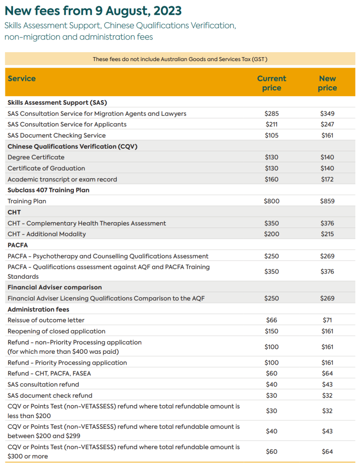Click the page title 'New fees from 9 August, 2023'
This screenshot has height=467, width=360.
coord(93,11)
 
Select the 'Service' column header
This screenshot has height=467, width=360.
coord(21,79)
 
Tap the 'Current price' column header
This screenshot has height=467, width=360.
coord(271,83)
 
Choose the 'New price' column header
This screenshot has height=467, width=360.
coord(327,83)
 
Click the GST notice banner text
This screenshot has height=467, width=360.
coord(180,59)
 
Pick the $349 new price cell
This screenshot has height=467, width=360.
coord(327,114)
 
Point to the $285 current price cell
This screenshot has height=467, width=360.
coord(271,114)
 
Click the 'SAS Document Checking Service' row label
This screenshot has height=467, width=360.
coord(56,135)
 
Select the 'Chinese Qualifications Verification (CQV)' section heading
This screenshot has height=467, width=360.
coord(72,146)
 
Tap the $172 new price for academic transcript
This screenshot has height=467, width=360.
coord(327,179)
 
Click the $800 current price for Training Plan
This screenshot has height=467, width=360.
coord(271,201)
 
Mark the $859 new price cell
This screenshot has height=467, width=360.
coord(327,201)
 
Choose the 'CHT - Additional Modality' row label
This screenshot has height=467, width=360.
coord(47,234)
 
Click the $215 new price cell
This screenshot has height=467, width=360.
coord(327,234)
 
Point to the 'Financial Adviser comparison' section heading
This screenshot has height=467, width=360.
coord(54,287)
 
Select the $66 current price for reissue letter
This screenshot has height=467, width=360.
coord(271,320)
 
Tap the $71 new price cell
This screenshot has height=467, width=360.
coord(327,320)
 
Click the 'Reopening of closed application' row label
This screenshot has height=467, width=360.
coord(56,331)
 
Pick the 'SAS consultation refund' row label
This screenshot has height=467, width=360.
coord(43,384)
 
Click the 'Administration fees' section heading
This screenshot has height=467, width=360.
coord(38,309)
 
